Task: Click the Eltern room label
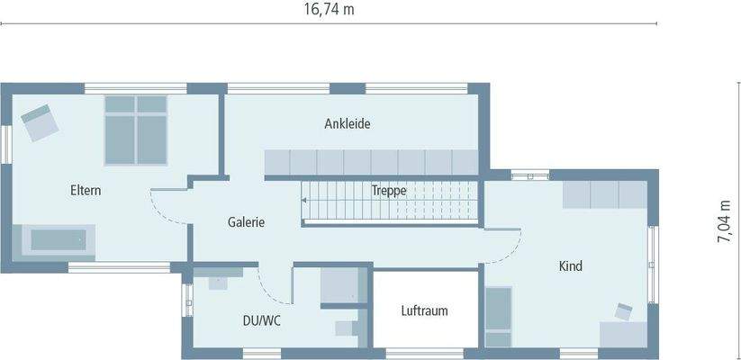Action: [86, 191]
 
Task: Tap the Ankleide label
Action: [348, 123]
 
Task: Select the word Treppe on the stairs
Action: [389, 191]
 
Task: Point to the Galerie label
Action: [246, 222]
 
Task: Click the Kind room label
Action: [570, 266]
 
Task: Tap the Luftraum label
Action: [424, 310]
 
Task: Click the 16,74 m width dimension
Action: [328, 9]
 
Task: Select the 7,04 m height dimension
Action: [724, 220]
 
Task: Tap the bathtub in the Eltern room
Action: [59, 240]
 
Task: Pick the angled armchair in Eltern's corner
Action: [39, 121]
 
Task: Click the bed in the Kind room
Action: [498, 317]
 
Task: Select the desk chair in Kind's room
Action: [624, 311]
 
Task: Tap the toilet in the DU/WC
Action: [346, 327]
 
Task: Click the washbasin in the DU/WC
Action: [218, 281]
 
